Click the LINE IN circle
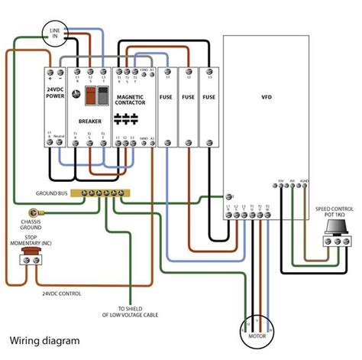click(x=56, y=34)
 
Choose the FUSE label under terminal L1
click(x=166, y=98)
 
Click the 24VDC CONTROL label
click(x=62, y=293)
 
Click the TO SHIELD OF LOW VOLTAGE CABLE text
click(x=131, y=311)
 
